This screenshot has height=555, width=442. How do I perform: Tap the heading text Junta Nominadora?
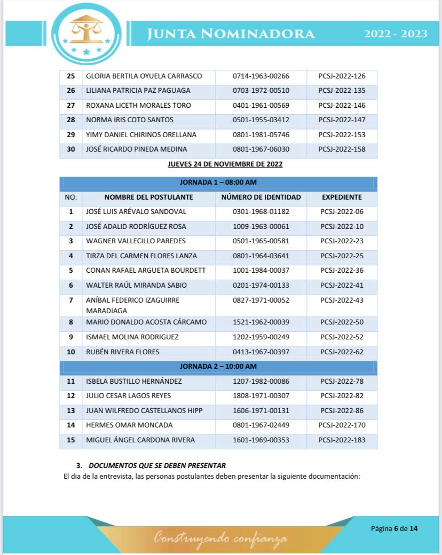coord(231,34)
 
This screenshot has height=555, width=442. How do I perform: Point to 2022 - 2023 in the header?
coord(396,34)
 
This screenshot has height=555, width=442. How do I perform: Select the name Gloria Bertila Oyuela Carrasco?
coord(144,76)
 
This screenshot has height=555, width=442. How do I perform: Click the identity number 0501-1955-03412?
coord(261,120)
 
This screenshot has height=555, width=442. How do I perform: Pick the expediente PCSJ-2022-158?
coord(342,149)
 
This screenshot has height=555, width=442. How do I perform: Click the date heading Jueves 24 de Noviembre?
coord(225,164)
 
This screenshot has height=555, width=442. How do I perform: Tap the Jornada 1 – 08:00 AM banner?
coord(218,183)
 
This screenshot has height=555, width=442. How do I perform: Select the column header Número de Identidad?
coord(261,197)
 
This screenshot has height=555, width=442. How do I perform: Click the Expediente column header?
coord(342,197)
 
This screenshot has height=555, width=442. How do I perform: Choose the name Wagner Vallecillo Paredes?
coord(136,241)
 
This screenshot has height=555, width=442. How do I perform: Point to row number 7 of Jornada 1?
coord(70,300)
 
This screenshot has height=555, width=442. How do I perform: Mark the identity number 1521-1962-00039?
coord(261,322)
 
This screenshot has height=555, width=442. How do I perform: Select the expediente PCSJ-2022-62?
coord(342,352)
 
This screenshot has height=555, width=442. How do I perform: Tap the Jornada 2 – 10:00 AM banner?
coord(218,367)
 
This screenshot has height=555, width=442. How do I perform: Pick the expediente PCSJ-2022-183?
coord(342,440)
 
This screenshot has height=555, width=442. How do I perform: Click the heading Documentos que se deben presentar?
coord(157,466)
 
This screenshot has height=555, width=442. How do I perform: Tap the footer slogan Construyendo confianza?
coord(220,538)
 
